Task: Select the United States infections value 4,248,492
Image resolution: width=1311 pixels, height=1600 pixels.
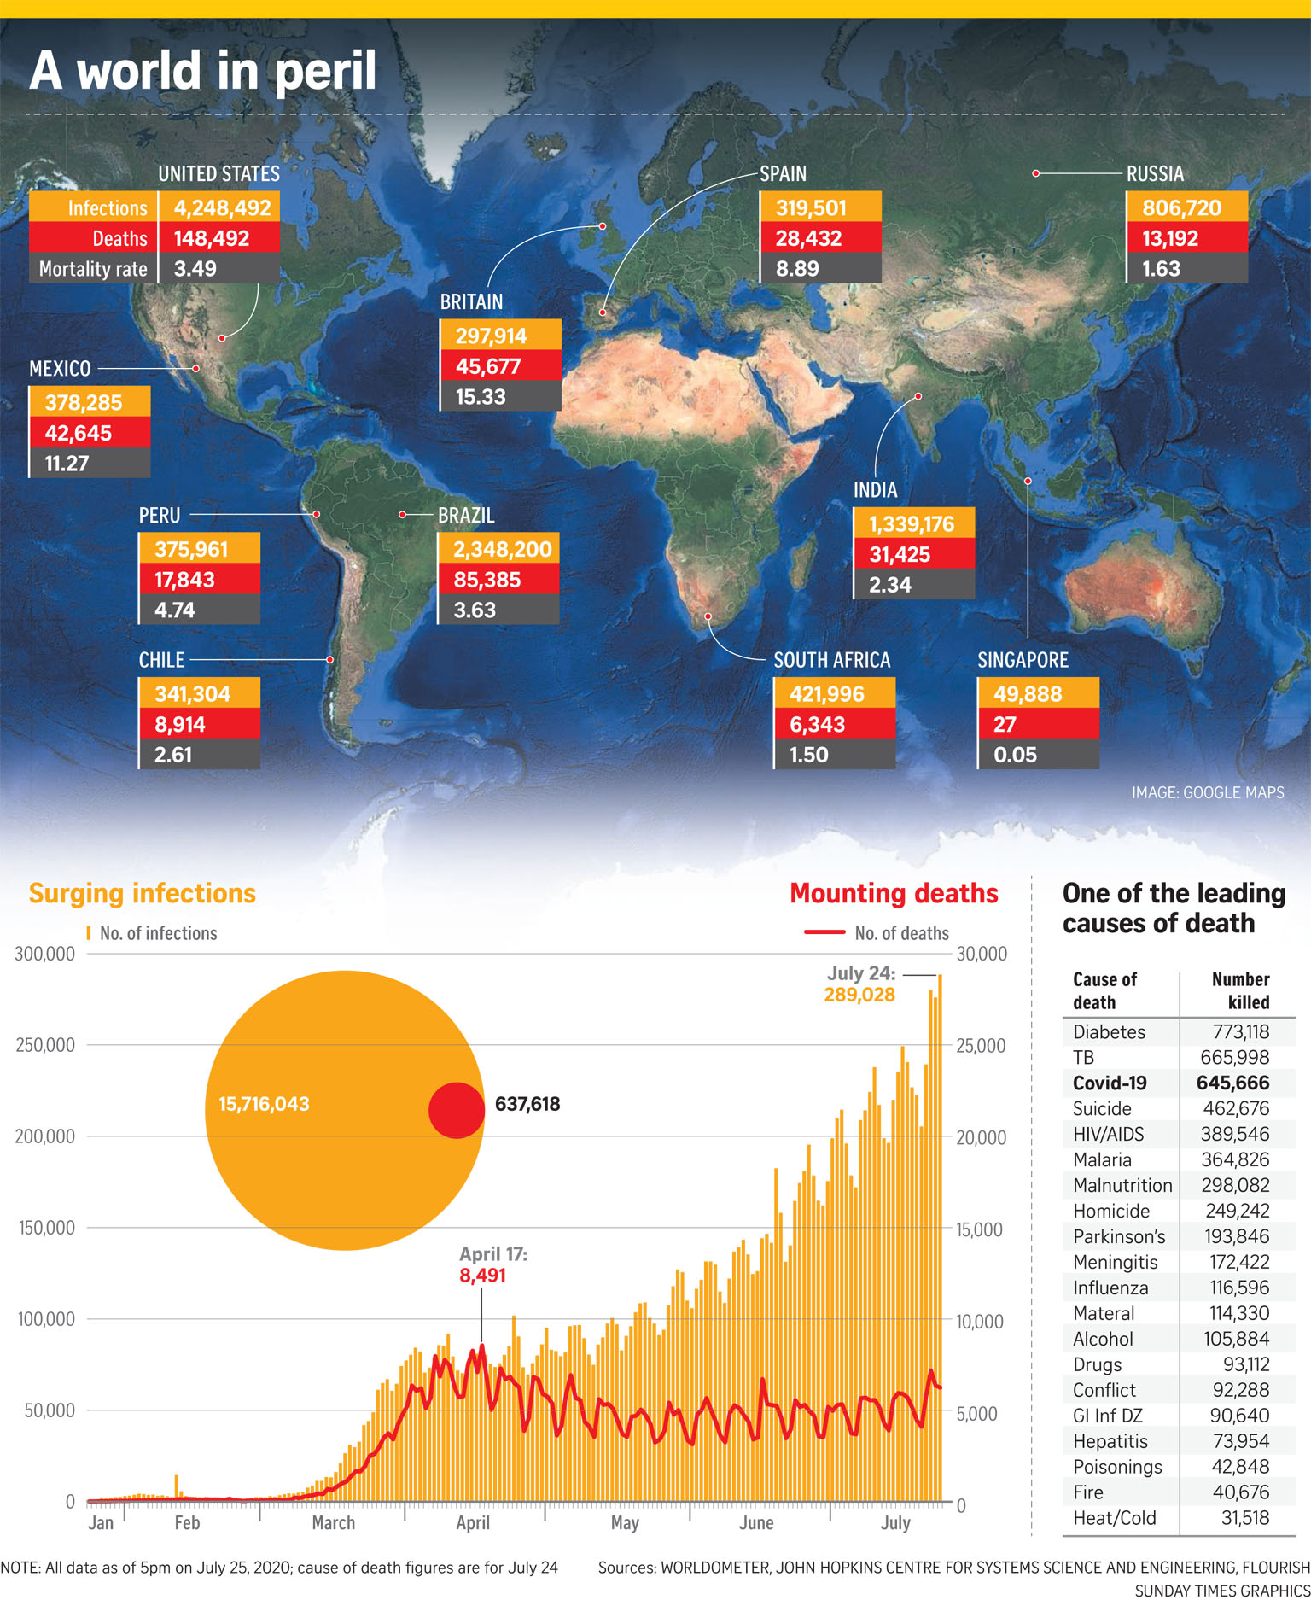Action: coord(221,207)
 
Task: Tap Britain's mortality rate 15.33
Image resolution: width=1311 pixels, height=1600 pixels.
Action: coord(481,397)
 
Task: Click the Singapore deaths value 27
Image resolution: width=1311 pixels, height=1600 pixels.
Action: coord(1005,725)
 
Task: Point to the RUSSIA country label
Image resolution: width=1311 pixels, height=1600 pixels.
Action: coord(1155,174)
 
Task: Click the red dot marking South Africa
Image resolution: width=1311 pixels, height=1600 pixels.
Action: coord(708,616)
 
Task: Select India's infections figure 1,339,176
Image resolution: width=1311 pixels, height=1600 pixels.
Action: coord(911,524)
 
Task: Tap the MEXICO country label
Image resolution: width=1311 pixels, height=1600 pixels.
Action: coord(60,369)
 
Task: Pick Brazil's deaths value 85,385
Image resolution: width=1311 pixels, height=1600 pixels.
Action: coord(487,581)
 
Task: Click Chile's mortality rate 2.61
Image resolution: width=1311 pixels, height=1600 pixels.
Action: coord(173,756)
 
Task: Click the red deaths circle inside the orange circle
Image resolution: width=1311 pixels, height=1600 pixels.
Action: coord(457,1110)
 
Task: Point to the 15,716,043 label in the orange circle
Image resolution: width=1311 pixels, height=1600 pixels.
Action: coord(264,1104)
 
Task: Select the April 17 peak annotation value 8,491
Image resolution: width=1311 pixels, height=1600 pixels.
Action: coord(482,1276)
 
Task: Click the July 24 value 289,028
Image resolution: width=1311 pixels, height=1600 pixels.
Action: coord(859,995)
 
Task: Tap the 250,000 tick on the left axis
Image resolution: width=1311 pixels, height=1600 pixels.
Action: coord(44,1045)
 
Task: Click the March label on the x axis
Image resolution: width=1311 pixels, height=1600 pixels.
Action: coord(333,1523)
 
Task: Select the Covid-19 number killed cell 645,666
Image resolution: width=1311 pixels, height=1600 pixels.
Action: coord(1232,1083)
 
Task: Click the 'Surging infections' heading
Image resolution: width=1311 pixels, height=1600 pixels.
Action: coord(143,893)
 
